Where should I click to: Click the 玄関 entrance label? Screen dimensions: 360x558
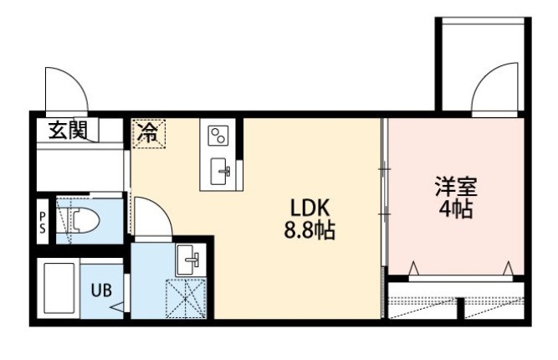click(69, 131)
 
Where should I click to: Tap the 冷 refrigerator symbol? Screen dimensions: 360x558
click(147, 132)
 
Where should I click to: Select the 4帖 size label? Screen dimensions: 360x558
click(454, 208)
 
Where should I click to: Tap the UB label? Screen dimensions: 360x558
click(100, 291)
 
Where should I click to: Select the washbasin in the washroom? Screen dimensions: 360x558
click(187, 260)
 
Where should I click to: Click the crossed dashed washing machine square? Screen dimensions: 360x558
click(186, 296)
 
